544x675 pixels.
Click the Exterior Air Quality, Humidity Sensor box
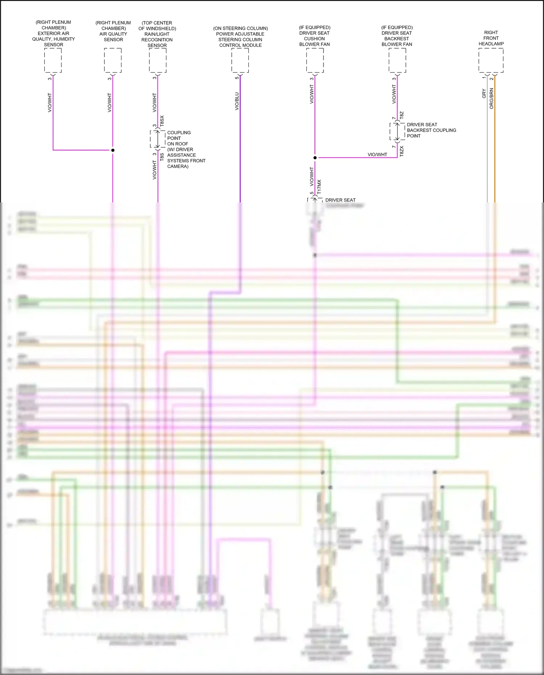coord(53,60)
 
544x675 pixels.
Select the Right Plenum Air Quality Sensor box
coord(113,60)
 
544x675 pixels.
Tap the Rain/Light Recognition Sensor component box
coord(158,60)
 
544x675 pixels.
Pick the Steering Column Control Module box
coord(240,60)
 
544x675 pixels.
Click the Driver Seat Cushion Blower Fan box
coord(315,60)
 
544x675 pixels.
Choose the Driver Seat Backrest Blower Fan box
coord(397,60)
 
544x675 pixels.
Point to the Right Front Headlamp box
coord(491,60)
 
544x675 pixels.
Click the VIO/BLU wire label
coord(237,101)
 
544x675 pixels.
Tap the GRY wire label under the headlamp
coord(484,94)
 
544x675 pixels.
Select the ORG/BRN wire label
coord(491,98)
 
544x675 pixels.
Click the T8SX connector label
coord(162,121)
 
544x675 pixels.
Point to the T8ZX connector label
coord(401,151)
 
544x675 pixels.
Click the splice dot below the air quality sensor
coord(113,150)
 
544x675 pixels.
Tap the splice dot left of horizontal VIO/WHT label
coord(315,158)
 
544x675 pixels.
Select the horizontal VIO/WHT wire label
coord(377,155)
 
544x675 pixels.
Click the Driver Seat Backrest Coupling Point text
coord(431,130)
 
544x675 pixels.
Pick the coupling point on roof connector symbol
coord(158,139)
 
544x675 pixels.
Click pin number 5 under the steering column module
coord(237,78)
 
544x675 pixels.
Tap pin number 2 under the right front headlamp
coord(491,78)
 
